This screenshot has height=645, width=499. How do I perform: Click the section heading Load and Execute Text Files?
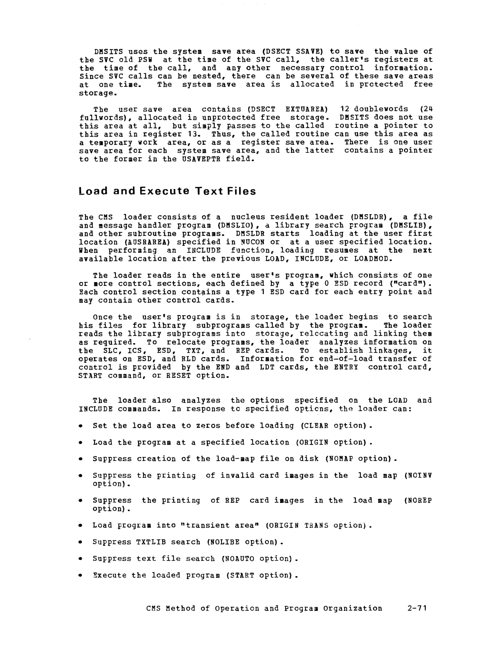point(167,191)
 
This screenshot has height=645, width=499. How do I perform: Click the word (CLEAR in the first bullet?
point(314,425)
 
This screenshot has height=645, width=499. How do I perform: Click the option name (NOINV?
point(417,475)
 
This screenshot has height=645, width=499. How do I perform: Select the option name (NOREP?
point(417,501)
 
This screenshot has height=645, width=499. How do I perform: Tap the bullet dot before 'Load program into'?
point(81,526)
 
